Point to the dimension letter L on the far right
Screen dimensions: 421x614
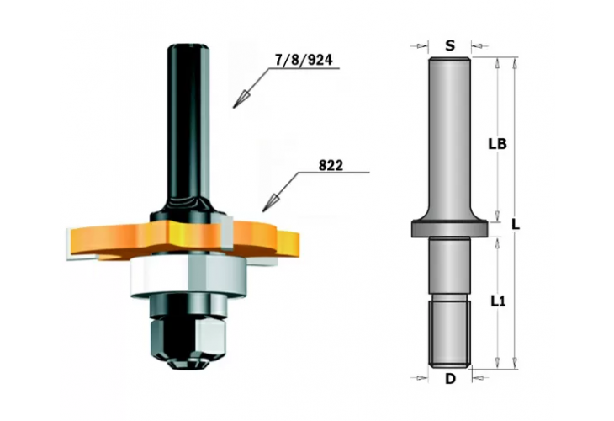[516, 225]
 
